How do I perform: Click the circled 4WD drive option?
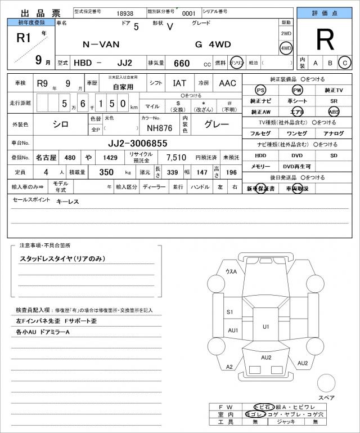pyautogui.click(x=286, y=48)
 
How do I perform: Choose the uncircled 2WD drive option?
pyautogui.click(x=286, y=34)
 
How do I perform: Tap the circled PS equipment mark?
pyautogui.click(x=260, y=90)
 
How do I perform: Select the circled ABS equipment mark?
pyautogui.click(x=334, y=111)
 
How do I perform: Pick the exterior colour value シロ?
pyautogui.click(x=61, y=124)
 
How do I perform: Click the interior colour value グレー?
pyautogui.click(x=216, y=124)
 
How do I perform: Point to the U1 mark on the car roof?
pyautogui.click(x=266, y=327)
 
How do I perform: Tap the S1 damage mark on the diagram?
pyautogui.click(x=230, y=311)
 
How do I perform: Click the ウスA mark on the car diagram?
pyautogui.click(x=231, y=272)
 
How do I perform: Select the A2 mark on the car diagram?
pyautogui.click(x=229, y=367)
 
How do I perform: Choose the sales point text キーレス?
pyautogui.click(x=67, y=201)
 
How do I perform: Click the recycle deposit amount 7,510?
pyautogui.click(x=175, y=158)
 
